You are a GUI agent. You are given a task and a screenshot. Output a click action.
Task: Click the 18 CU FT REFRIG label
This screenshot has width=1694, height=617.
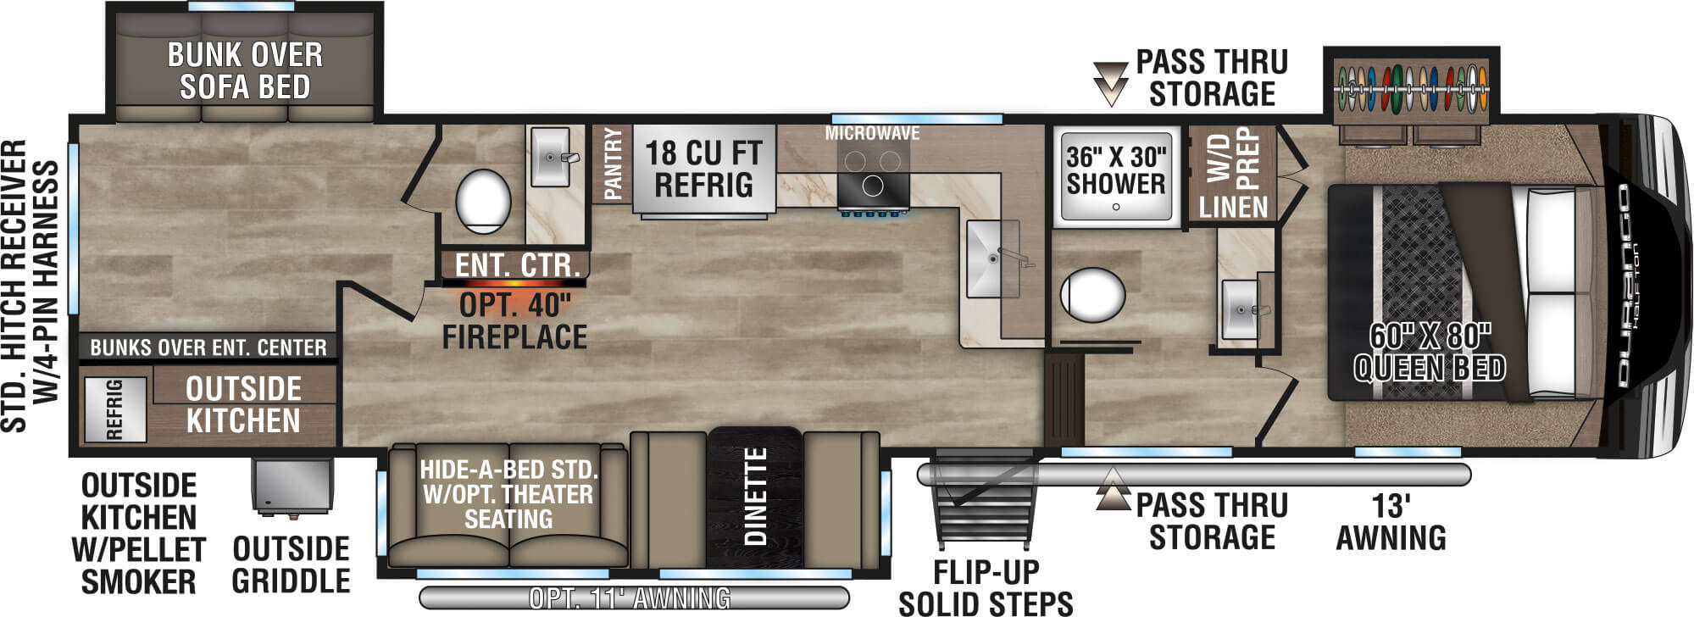703,169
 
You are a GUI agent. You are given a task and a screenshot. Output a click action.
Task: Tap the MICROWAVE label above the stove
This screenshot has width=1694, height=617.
872,133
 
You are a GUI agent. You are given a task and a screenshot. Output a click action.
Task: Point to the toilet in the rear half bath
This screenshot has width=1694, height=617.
483,201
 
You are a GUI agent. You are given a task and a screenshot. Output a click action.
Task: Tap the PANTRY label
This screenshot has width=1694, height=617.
613,164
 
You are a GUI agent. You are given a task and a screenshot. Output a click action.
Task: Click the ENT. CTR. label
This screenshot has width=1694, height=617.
517,264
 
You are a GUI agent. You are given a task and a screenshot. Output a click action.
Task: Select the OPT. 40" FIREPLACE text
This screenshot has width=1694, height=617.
515,320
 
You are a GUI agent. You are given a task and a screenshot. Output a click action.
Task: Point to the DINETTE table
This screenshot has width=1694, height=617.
754,495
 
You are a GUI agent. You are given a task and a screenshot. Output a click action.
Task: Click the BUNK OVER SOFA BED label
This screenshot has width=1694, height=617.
245,70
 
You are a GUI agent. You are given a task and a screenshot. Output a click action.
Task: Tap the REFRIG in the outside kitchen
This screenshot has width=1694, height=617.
114,409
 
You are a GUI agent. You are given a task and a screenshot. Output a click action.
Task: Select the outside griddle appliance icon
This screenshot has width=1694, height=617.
291,486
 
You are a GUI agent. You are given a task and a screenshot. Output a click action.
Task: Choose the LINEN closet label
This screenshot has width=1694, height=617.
1233,206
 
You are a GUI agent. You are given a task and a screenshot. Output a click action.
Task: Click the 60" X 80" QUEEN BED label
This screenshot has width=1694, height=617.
1430,352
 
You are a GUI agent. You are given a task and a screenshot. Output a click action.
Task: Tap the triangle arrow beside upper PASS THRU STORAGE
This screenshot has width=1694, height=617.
1110,82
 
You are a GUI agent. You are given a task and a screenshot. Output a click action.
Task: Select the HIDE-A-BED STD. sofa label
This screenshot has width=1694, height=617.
508,494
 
